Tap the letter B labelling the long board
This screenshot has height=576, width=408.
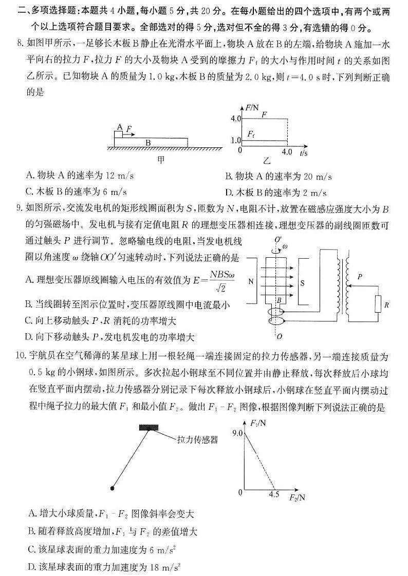tap(147, 142)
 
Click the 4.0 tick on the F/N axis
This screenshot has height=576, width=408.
tap(236, 119)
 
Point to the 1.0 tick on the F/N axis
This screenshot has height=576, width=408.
tap(236, 140)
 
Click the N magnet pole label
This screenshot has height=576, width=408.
tap(251, 281)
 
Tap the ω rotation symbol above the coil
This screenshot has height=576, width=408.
tap(286, 246)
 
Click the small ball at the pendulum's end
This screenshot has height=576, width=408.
tap(112, 487)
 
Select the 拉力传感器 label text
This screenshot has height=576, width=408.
tap(197, 439)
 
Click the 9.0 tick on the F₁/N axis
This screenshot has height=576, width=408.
tap(237, 433)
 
